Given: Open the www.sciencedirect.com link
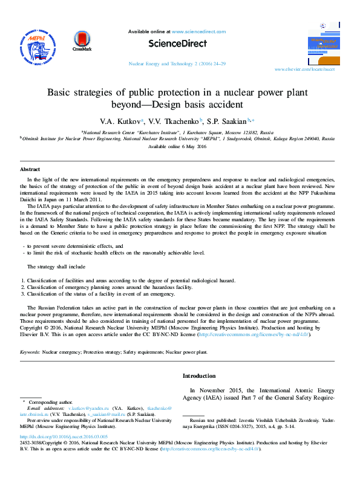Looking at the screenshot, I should (198, 31).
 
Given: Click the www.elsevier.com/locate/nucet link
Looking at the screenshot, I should (313, 70).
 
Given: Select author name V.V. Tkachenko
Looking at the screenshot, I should (177, 120).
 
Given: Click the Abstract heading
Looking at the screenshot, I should (30, 170).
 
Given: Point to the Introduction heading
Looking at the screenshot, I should (199, 376).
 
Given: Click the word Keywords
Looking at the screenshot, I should (30, 351).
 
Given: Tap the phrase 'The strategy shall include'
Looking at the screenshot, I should (56, 267).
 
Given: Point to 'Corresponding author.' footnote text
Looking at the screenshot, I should (51, 401).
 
